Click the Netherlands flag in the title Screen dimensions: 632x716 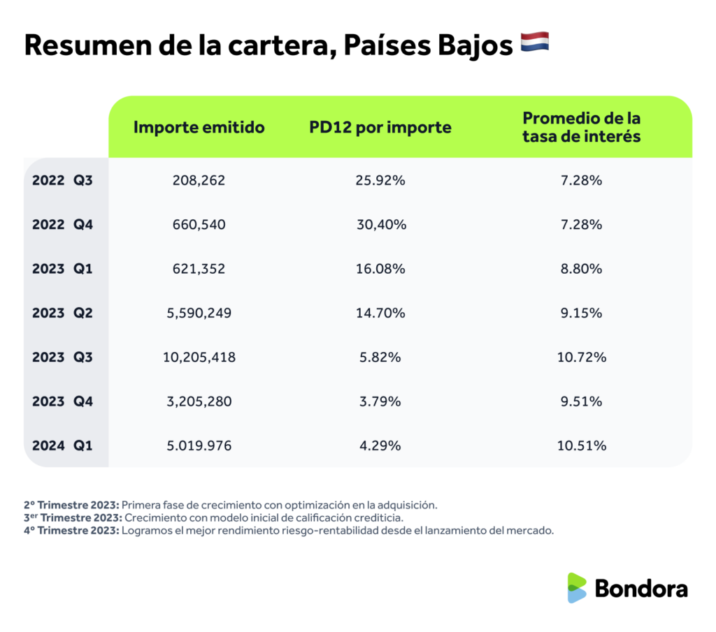pos(535,42)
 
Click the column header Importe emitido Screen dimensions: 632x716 pos(199,128)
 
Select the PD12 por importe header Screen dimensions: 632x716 pos(380,128)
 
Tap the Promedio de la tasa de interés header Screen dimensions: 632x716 pos(581,127)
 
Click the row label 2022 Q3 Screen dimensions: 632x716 pos(62,180)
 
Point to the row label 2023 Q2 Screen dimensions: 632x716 pos(62,313)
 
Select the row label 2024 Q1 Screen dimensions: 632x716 pos(62,446)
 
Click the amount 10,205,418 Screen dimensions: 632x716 pos(199,358)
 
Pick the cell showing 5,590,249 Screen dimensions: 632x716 pos(199,313)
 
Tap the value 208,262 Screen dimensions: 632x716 pos(199,180)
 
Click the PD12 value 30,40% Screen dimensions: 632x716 pos(380,225)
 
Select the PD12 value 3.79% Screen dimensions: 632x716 pos(380,402)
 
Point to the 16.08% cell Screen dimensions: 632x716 pos(380,269)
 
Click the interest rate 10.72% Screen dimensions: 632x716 pos(581,358)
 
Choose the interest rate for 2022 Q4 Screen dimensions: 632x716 pos(581,225)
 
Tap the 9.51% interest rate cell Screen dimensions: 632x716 pos(581,402)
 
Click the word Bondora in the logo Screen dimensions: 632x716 pos(641,588)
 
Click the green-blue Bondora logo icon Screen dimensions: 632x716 pos(577,588)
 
